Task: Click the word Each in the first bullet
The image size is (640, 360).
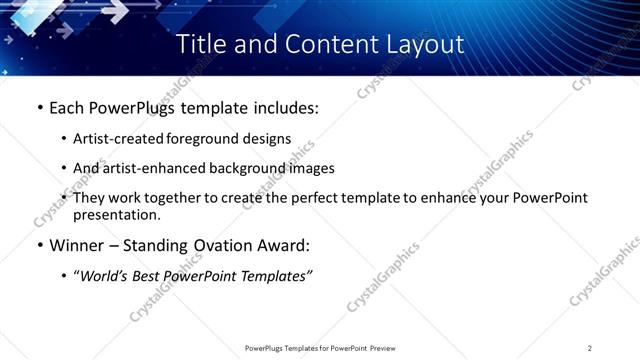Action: (x=67, y=108)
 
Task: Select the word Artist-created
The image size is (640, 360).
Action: (x=119, y=139)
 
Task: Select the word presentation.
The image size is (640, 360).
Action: (x=116, y=215)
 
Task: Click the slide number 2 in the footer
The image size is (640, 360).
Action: (x=590, y=348)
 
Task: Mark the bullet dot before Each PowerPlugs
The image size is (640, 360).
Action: (x=38, y=108)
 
